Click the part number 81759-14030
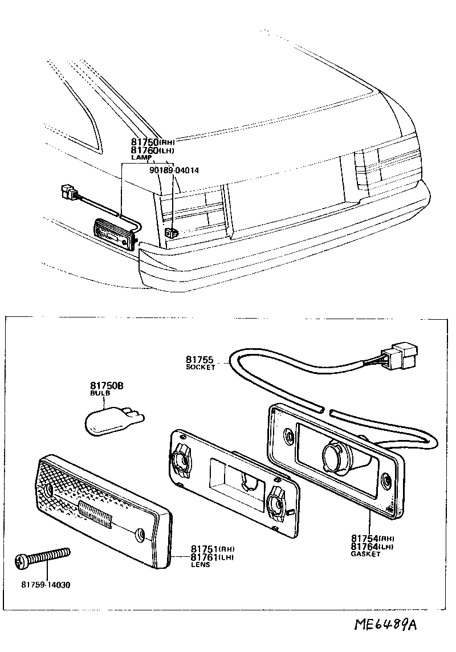coord(46,585)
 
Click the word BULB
coord(98,393)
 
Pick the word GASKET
coord(365,554)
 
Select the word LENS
coord(200,565)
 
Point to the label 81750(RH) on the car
coord(152,142)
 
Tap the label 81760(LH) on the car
coord(152,150)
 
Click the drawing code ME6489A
coord(385,625)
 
